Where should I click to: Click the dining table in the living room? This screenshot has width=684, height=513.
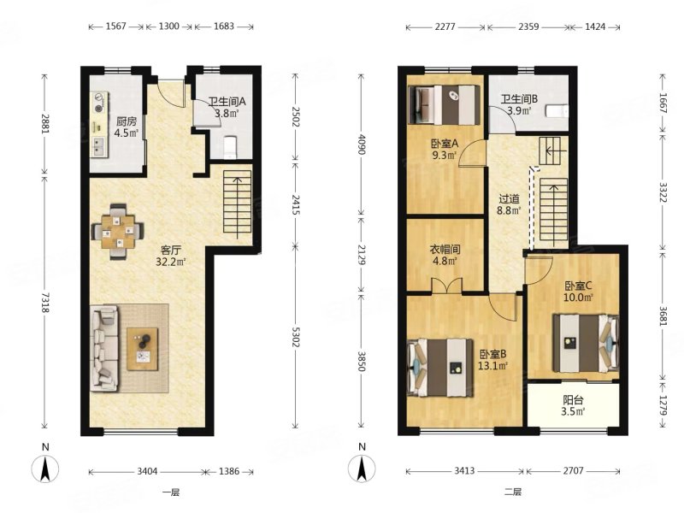118,232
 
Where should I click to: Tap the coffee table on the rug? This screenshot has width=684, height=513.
142,349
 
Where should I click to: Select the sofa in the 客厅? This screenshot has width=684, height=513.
104,348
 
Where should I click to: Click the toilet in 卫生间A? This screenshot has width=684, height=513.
229,147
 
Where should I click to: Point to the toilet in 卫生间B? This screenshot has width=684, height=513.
558,111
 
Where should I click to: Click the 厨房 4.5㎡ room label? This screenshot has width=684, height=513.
126,127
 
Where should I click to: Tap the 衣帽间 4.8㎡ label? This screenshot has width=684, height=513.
445,255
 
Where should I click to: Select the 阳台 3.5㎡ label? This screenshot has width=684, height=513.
573,405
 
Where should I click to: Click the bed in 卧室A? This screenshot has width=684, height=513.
445,104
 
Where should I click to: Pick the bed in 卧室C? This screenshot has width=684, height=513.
586,343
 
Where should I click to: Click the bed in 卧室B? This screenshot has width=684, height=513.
440,369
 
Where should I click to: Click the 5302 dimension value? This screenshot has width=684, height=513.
294,337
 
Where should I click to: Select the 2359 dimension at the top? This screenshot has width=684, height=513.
528,27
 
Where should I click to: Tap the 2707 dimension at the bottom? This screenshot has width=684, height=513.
573,471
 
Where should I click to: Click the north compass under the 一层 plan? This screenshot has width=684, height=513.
45,468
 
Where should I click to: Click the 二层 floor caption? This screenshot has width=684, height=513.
513,492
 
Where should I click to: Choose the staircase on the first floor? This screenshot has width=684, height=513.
238,204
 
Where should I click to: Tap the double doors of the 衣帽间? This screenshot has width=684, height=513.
446,286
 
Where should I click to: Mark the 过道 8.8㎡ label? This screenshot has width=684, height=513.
509,205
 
